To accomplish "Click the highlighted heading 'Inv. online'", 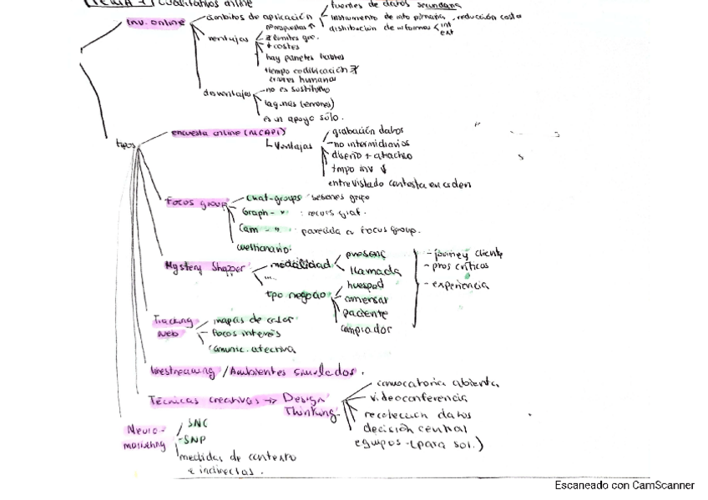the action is [x=156, y=23].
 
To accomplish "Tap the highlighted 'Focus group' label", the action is [x=196, y=202].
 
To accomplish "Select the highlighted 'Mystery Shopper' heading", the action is [x=205, y=267].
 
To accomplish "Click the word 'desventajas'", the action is [x=227, y=93].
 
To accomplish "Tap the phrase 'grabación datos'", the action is [x=367, y=131].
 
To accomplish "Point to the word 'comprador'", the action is [x=366, y=329].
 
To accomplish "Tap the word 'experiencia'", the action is [x=460, y=285].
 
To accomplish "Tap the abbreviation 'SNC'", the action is [x=197, y=423].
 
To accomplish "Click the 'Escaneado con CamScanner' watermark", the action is [x=624, y=485].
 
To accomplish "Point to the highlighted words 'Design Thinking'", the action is [x=309, y=405].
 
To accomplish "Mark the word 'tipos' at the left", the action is [x=125, y=144].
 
